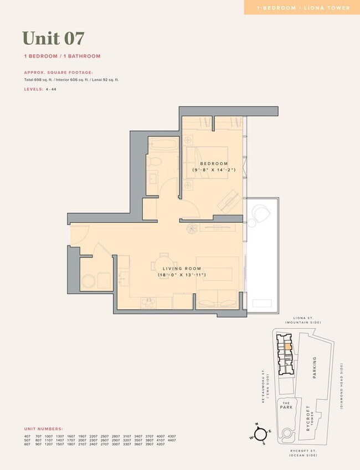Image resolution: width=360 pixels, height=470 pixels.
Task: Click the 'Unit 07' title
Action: (x=54, y=38)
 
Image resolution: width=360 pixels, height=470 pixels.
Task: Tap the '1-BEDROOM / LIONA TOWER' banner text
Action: (x=304, y=8)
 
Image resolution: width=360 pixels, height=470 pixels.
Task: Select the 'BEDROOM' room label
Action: (x=214, y=164)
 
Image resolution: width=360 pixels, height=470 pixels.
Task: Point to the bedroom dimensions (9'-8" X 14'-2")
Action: (x=214, y=170)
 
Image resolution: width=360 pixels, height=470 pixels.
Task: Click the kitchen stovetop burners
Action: (x=148, y=302)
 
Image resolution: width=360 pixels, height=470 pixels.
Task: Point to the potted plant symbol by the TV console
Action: (x=192, y=228)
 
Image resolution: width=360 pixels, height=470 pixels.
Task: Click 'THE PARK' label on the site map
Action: (x=286, y=406)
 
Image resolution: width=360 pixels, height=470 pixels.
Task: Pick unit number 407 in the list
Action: (x=27, y=436)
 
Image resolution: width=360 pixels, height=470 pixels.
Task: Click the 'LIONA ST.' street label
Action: (x=302, y=317)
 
